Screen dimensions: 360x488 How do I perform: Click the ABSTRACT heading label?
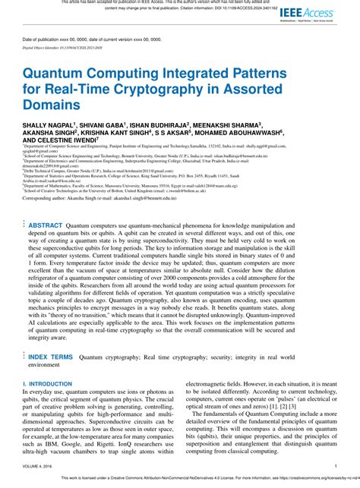coord(46,225)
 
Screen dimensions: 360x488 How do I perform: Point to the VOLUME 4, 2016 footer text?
coord(39,466)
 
